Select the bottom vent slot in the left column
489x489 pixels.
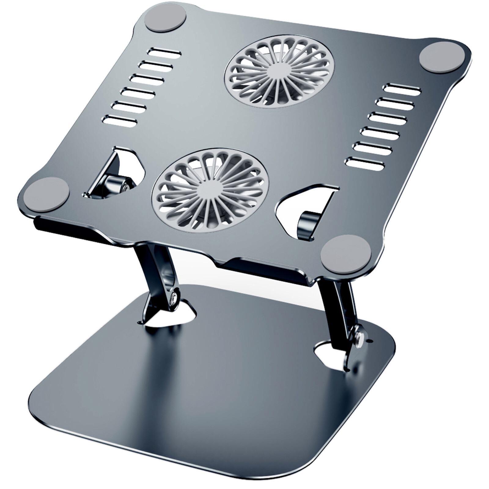pyautogui.click(x=120, y=120)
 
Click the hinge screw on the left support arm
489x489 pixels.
pyautogui.click(x=175, y=297)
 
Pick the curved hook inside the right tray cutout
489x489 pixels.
pyautogui.click(x=309, y=225)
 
